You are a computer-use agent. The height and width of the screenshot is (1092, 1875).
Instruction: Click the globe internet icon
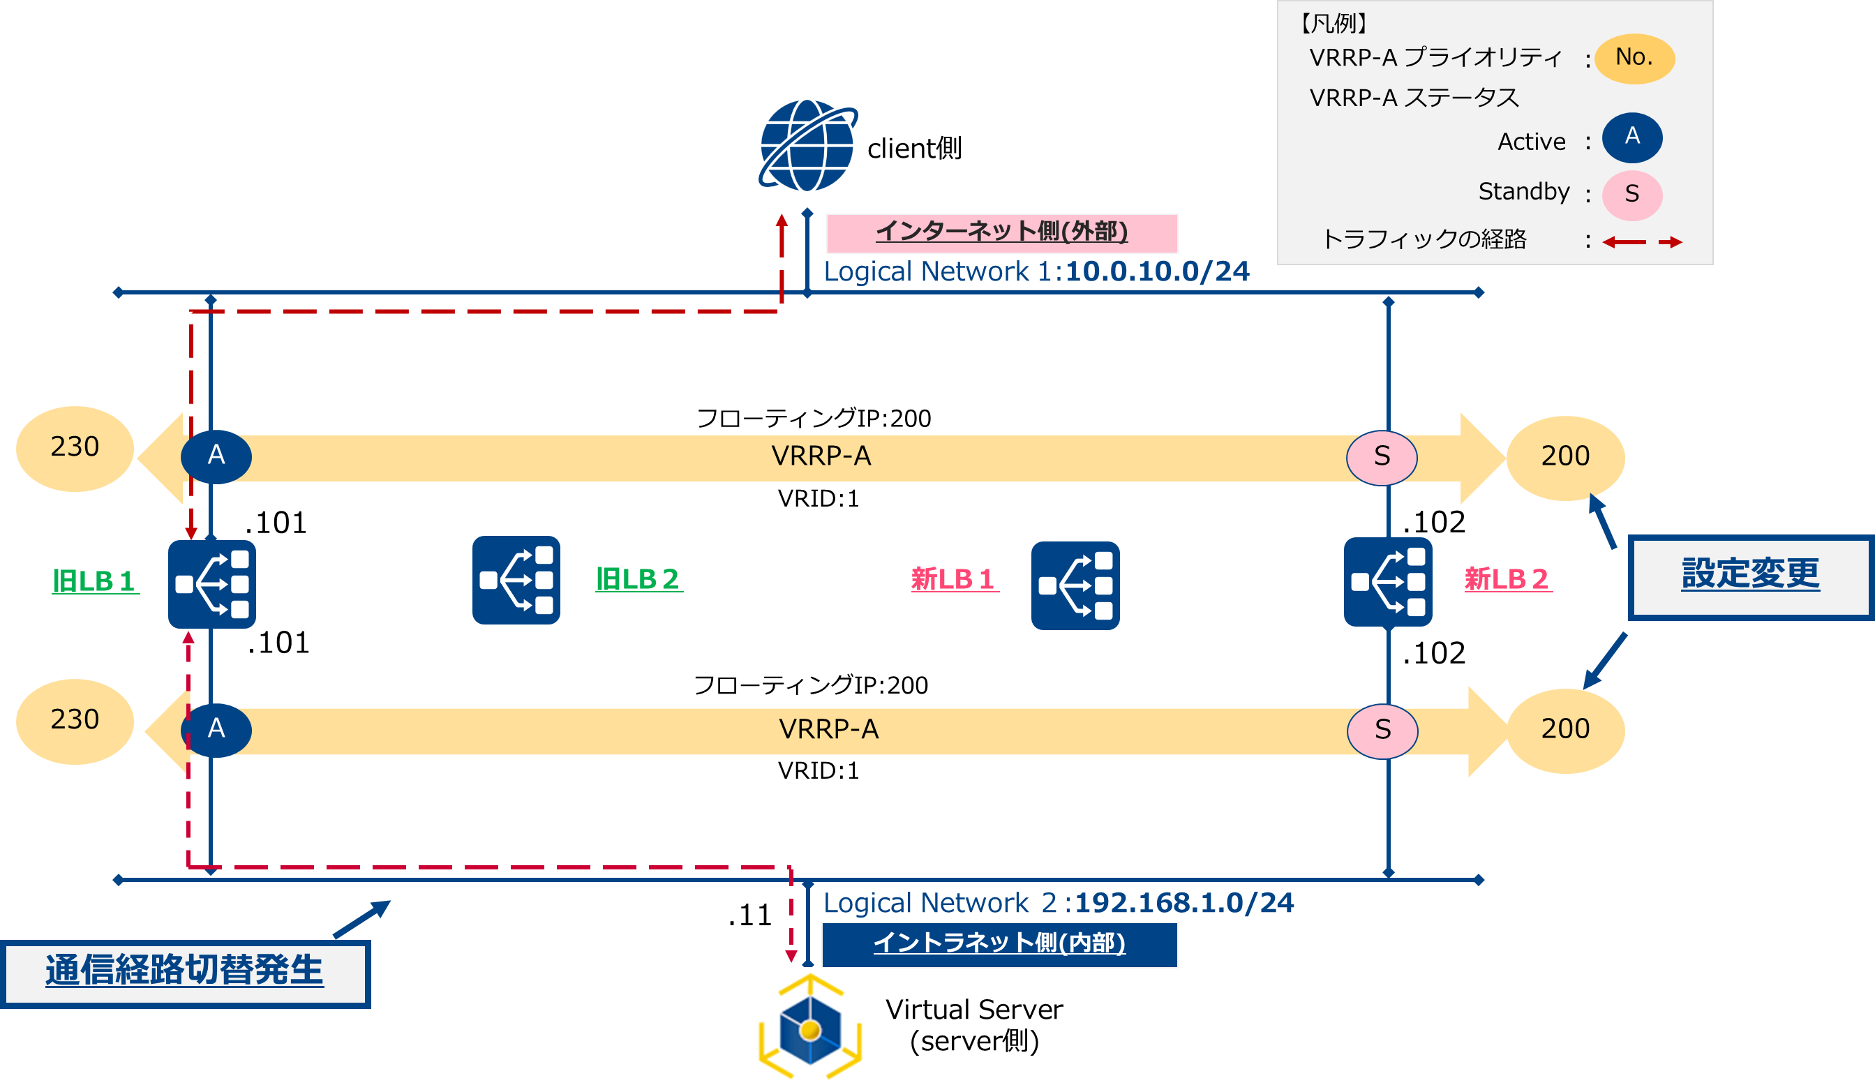click(x=808, y=145)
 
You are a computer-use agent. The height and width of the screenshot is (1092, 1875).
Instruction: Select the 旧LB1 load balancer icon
click(x=212, y=584)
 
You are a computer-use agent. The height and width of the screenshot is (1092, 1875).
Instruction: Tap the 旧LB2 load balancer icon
click(x=516, y=581)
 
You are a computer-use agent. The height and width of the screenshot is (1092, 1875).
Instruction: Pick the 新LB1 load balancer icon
click(x=1075, y=585)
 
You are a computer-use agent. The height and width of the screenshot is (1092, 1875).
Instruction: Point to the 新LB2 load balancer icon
click(x=1388, y=582)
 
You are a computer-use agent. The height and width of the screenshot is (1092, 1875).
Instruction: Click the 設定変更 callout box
click(x=1750, y=576)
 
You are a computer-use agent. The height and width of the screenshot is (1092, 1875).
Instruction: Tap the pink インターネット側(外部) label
click(x=1001, y=233)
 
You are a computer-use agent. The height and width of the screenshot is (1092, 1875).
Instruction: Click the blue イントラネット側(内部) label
click(x=999, y=944)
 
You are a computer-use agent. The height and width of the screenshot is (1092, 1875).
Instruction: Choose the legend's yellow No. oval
click(x=1634, y=58)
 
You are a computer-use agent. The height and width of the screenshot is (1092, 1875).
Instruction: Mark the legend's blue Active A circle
click(x=1631, y=137)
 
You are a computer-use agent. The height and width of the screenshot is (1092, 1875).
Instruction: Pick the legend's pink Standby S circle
click(x=1631, y=195)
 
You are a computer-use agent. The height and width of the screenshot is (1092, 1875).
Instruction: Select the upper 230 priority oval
click(x=75, y=449)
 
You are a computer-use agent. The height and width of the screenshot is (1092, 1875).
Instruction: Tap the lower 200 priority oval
click(x=1565, y=731)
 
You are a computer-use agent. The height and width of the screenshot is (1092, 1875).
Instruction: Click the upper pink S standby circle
click(x=1382, y=457)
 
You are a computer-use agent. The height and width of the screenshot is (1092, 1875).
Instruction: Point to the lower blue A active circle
click(x=216, y=729)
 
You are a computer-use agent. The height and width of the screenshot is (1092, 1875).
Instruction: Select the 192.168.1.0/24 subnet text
click(x=1185, y=903)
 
